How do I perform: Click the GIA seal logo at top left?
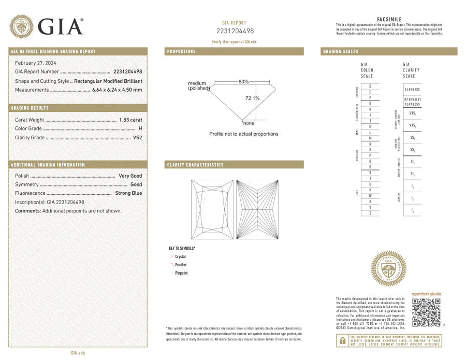tap(22, 26)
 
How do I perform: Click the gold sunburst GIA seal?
tap(388, 269)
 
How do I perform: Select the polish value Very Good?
tap(130, 176)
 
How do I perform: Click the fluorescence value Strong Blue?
tap(128, 193)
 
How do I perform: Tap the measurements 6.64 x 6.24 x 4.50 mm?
tap(117, 90)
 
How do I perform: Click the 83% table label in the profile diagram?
tap(243, 81)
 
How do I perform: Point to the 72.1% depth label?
tap(252, 98)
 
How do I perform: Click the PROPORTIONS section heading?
tap(181, 52)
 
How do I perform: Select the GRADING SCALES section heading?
tap(341, 52)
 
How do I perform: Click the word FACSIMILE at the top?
tap(389, 19)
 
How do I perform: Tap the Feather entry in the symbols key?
tap(181, 265)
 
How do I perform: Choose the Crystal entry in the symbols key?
tap(180, 256)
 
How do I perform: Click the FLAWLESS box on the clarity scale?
tap(412, 90)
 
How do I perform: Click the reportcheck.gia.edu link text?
tap(426, 294)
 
